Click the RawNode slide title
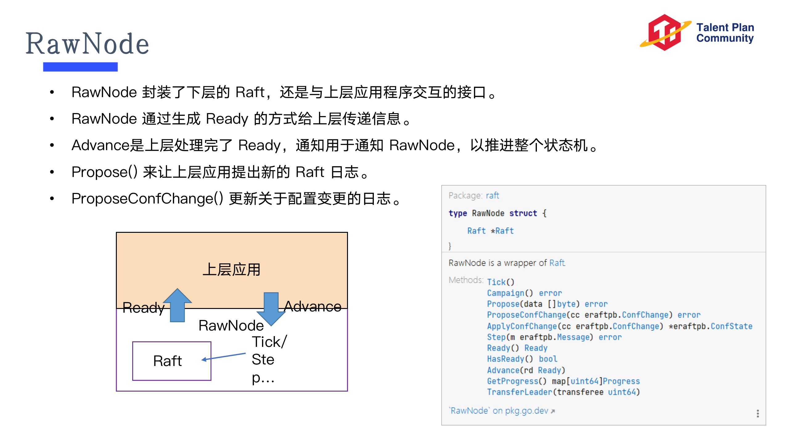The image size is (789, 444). (87, 44)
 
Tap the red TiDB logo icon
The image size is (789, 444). (665, 32)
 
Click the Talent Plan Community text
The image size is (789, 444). (725, 33)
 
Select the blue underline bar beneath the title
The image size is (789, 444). (80, 67)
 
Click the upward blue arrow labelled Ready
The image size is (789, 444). (178, 305)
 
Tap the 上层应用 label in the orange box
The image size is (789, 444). (231, 269)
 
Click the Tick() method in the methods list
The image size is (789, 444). (496, 282)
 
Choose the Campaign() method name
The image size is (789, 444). (505, 293)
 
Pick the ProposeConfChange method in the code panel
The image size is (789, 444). (526, 315)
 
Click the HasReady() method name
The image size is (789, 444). (505, 359)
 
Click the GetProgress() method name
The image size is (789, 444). (512, 381)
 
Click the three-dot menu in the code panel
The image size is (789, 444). (758, 413)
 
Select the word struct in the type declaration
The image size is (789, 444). (523, 213)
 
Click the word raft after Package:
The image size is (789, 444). (492, 195)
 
